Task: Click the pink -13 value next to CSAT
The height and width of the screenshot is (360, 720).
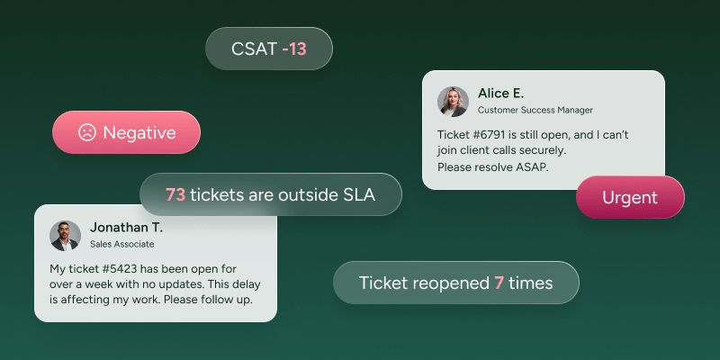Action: click(294, 49)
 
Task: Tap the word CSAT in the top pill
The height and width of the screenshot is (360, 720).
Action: click(255, 49)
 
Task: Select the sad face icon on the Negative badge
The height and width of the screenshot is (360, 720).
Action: click(86, 132)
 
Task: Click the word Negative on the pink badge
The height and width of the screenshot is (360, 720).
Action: click(139, 132)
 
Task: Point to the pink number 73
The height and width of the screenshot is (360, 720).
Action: click(175, 194)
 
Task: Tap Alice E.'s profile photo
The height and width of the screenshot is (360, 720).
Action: click(453, 102)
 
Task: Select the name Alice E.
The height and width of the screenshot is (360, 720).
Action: click(501, 94)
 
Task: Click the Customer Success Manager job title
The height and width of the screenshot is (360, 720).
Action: click(535, 110)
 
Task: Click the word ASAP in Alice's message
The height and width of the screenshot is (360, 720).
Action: click(534, 167)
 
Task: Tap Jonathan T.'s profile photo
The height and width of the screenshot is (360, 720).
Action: click(65, 236)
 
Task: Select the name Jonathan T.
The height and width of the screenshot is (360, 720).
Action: click(126, 228)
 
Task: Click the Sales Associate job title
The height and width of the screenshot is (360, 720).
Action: click(122, 244)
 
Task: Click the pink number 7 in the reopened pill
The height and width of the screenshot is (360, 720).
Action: click(499, 283)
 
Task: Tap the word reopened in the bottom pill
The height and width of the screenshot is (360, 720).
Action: click(451, 283)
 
